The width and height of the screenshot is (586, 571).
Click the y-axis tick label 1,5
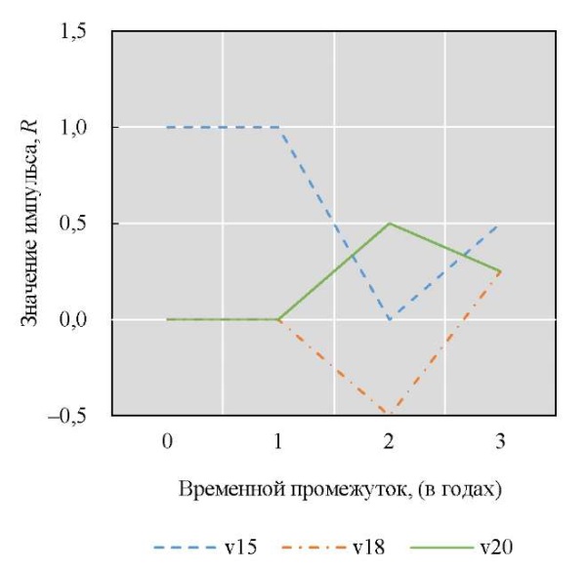(74, 32)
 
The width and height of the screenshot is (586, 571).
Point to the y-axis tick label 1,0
(74, 128)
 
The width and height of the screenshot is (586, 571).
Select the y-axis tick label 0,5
(74, 224)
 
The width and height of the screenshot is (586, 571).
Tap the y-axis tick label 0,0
(74, 319)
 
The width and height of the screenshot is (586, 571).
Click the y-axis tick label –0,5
(69, 415)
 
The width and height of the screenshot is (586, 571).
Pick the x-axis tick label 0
(168, 441)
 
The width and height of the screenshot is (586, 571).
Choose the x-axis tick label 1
(278, 441)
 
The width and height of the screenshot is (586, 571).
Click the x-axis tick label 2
(390, 441)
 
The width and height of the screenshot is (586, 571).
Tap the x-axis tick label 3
(500, 441)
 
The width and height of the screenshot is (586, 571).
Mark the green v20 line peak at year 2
(390, 224)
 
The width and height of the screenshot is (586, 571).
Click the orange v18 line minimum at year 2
(390, 414)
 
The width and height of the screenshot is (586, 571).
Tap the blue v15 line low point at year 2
(390, 319)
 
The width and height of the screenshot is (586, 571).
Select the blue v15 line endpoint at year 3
(500, 224)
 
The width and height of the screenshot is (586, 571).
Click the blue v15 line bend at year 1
(278, 127)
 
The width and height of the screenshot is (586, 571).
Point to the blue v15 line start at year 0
(168, 127)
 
